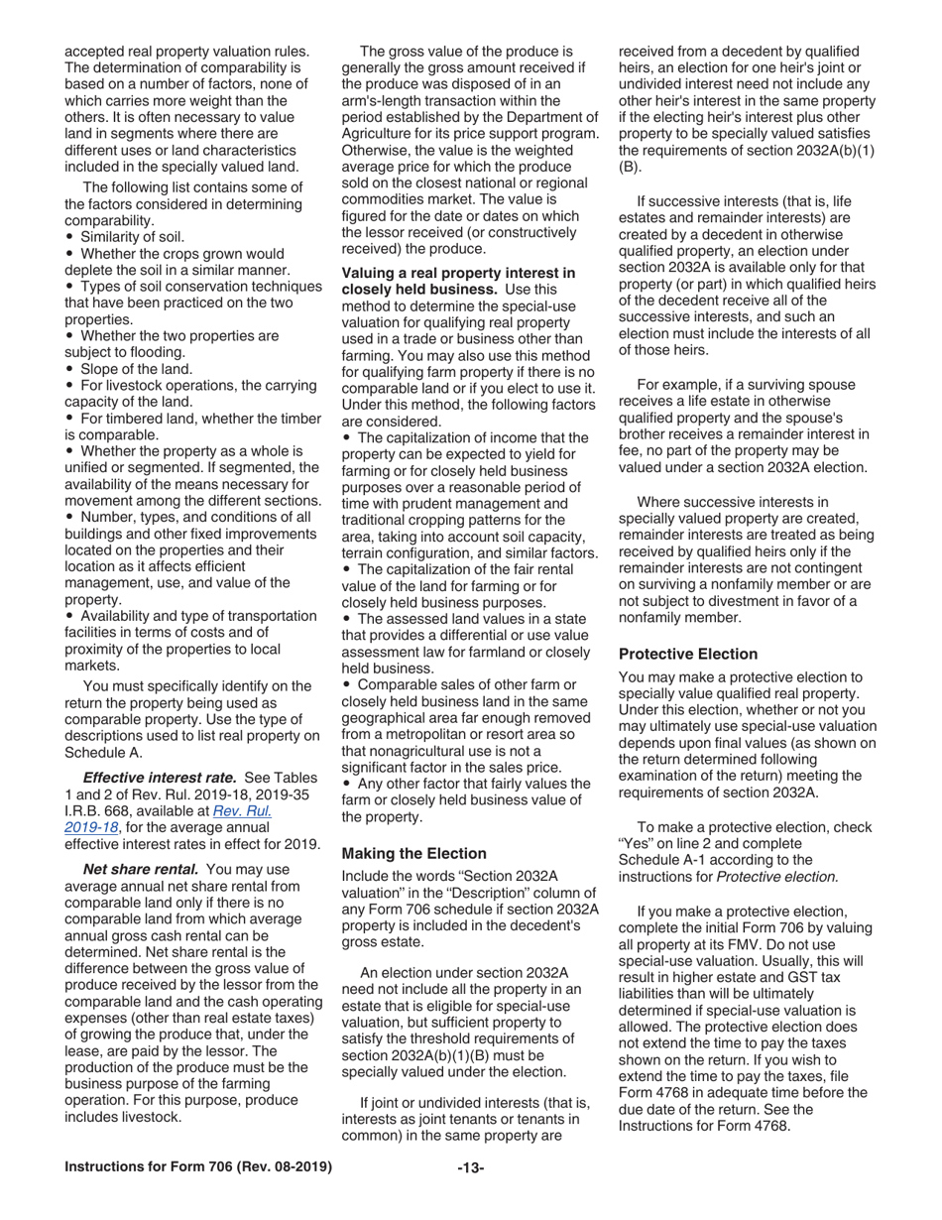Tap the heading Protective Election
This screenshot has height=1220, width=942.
(687, 654)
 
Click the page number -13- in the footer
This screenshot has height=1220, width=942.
(470, 1167)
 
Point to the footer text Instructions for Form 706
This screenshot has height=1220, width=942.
(197, 1167)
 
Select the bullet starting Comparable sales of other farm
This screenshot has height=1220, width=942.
(465, 685)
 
